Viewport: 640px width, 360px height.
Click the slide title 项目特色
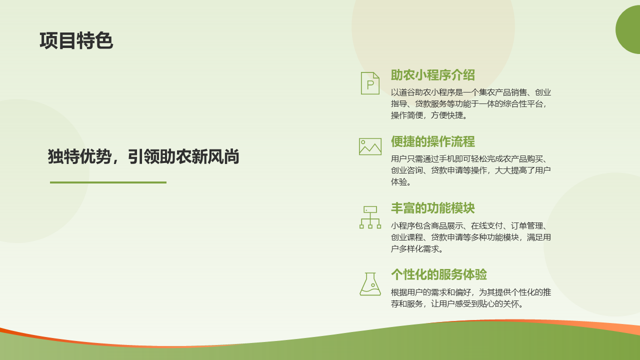76,40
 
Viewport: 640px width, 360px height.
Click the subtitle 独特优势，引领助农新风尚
143,156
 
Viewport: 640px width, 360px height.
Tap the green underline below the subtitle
108,182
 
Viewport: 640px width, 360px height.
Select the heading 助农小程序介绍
432,75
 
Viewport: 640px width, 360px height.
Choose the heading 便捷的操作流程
432,141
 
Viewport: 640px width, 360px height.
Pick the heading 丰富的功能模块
432,208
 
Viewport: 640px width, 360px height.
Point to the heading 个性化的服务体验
438,274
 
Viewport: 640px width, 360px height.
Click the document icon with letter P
370,83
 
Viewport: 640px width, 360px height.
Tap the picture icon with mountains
370,146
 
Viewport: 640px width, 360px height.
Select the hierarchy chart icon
370,217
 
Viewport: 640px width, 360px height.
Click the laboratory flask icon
370,284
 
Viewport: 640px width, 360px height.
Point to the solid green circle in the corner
628,29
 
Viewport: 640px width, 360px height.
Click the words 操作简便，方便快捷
428,115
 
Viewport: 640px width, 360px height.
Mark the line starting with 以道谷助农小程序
471,92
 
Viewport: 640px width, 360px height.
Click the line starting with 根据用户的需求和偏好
471,292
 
